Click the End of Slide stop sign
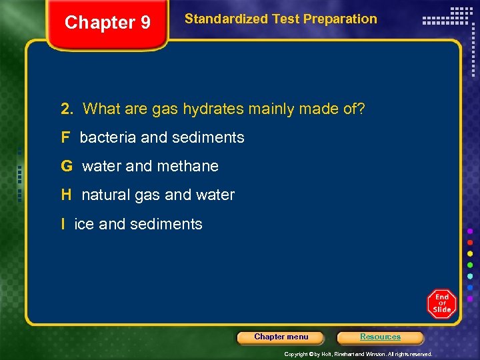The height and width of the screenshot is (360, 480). pos(441,304)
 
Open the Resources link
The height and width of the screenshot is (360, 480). pos(380,337)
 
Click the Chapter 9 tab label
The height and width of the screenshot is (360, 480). pos(107,23)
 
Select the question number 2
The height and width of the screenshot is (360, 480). pos(66,109)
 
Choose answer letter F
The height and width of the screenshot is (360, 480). pos(65,138)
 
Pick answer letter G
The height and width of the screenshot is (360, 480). pos(66,166)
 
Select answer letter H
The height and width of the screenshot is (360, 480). pos(66,195)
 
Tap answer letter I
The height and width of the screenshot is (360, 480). pos(63,224)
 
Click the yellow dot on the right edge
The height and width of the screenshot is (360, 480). pos(470,254)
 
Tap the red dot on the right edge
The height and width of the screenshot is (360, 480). pos(470,243)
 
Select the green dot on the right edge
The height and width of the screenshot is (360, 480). pos(470,265)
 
